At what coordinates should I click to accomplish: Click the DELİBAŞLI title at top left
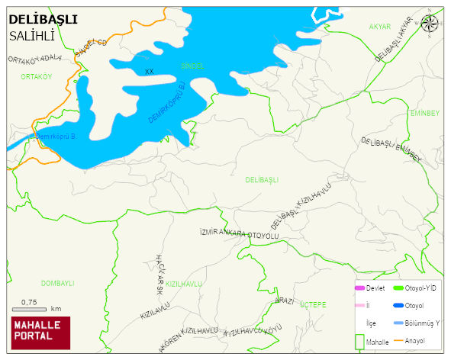[x=42, y=20]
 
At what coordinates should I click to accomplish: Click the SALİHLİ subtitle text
[x=33, y=36]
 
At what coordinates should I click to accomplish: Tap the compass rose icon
[x=430, y=24]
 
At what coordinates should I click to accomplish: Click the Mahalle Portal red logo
[x=40, y=333]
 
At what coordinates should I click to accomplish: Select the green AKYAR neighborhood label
[x=379, y=27]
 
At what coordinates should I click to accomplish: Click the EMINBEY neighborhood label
[x=424, y=113]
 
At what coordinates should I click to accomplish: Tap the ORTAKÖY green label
[x=36, y=77]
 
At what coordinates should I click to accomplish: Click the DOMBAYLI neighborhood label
[x=57, y=283]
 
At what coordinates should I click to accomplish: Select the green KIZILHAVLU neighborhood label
[x=184, y=284]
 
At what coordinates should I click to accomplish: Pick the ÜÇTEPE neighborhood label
[x=313, y=304]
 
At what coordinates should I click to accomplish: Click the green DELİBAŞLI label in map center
[x=262, y=180]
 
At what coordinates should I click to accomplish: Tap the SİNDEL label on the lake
[x=192, y=66]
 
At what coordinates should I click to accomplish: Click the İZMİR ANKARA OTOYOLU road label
[x=239, y=233]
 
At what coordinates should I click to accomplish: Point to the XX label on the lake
[x=150, y=72]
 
